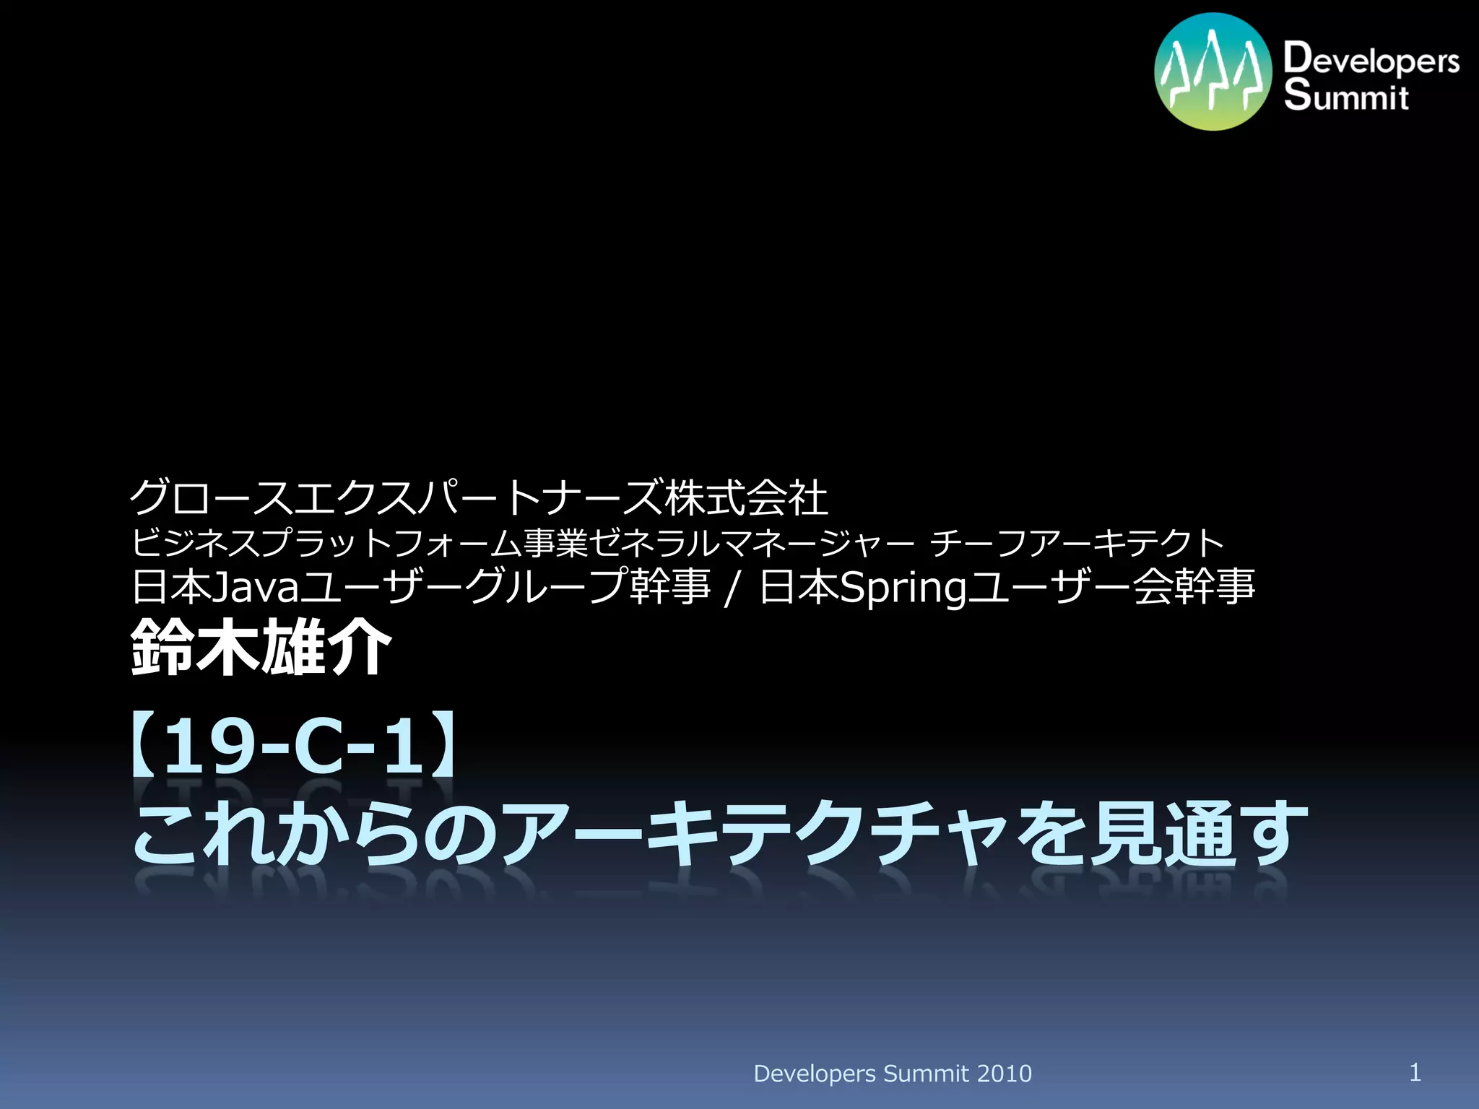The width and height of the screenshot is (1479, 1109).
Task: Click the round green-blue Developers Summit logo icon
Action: point(1213,71)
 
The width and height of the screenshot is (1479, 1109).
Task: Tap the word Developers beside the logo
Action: point(1371,59)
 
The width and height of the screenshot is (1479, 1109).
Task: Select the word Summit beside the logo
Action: point(1346,97)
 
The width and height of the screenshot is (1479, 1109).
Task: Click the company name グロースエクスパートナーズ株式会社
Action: point(478,497)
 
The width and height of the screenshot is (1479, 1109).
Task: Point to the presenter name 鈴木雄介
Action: point(261,648)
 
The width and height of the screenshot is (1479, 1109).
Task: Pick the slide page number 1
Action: point(1415,1071)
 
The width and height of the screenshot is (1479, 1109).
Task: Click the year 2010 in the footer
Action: point(1004,1074)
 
